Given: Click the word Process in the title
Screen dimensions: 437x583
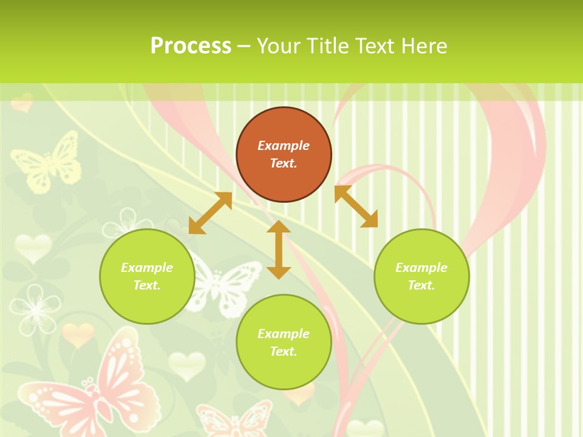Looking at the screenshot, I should pos(191,46).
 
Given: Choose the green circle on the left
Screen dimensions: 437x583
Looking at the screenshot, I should pos(147,276).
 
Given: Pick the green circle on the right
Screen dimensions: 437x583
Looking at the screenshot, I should pos(421,276).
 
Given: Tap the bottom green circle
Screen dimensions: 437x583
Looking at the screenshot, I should pos(284,342).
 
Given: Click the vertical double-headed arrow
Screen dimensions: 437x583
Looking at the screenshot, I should pos(279,249).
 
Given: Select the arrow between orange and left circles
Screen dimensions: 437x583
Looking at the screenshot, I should pos(210,213).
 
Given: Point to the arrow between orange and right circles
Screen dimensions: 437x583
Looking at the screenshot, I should pos(356,206).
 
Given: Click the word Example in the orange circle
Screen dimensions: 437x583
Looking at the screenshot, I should pos(284,146).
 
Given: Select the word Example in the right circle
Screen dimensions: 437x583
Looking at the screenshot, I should pos(421,268).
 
